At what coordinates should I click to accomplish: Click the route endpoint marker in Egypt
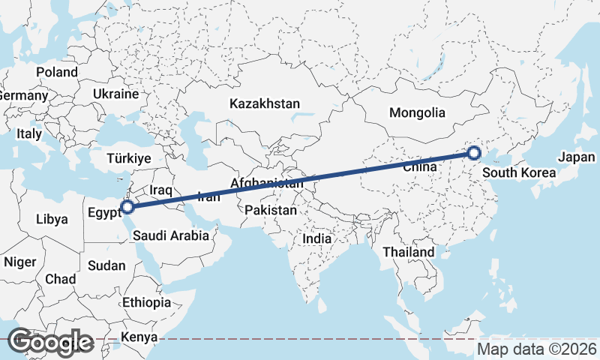[127, 206]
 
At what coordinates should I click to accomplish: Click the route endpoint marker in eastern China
[474, 154]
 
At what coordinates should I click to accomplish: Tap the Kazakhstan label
[265, 103]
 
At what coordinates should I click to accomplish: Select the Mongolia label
[417, 113]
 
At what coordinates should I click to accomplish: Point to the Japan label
[576, 157]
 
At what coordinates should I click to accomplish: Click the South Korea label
[519, 173]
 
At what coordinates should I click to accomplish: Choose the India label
[316, 238]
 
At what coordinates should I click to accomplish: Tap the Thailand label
[408, 252]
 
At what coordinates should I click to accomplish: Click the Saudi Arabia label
[171, 235]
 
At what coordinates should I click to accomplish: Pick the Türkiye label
[129, 159]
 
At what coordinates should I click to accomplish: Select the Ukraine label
[116, 94]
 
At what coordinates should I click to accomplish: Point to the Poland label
[57, 72]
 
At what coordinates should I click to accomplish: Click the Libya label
[52, 220]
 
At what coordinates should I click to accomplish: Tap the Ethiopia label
[146, 302]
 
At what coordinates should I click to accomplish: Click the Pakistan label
[271, 211]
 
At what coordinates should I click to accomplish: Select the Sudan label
[106, 265]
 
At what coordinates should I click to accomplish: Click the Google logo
[51, 342]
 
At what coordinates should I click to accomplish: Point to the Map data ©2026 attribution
[536, 349]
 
